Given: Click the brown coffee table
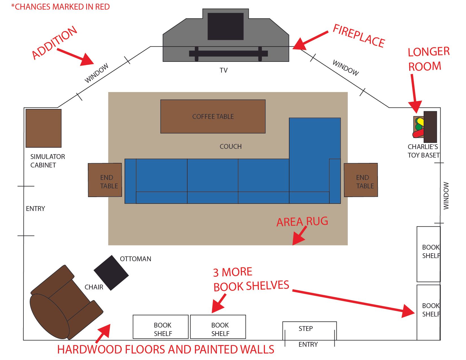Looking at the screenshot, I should [213, 116].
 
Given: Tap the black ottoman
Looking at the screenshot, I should [111, 273].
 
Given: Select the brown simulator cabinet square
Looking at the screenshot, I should [43, 128].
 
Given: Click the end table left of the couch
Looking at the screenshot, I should [105, 180].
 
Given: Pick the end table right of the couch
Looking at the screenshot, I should [361, 180].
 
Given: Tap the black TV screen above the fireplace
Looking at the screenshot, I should [225, 26].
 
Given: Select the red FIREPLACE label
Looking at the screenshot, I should [359, 36].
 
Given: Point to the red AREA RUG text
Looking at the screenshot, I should [302, 222].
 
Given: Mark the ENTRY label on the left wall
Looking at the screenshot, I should [35, 209].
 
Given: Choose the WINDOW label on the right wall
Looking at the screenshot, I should [446, 196].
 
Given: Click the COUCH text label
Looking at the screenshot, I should [230, 147].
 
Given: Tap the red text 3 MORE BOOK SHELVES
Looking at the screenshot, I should [251, 280].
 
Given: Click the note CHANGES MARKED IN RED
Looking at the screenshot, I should [60, 7].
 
